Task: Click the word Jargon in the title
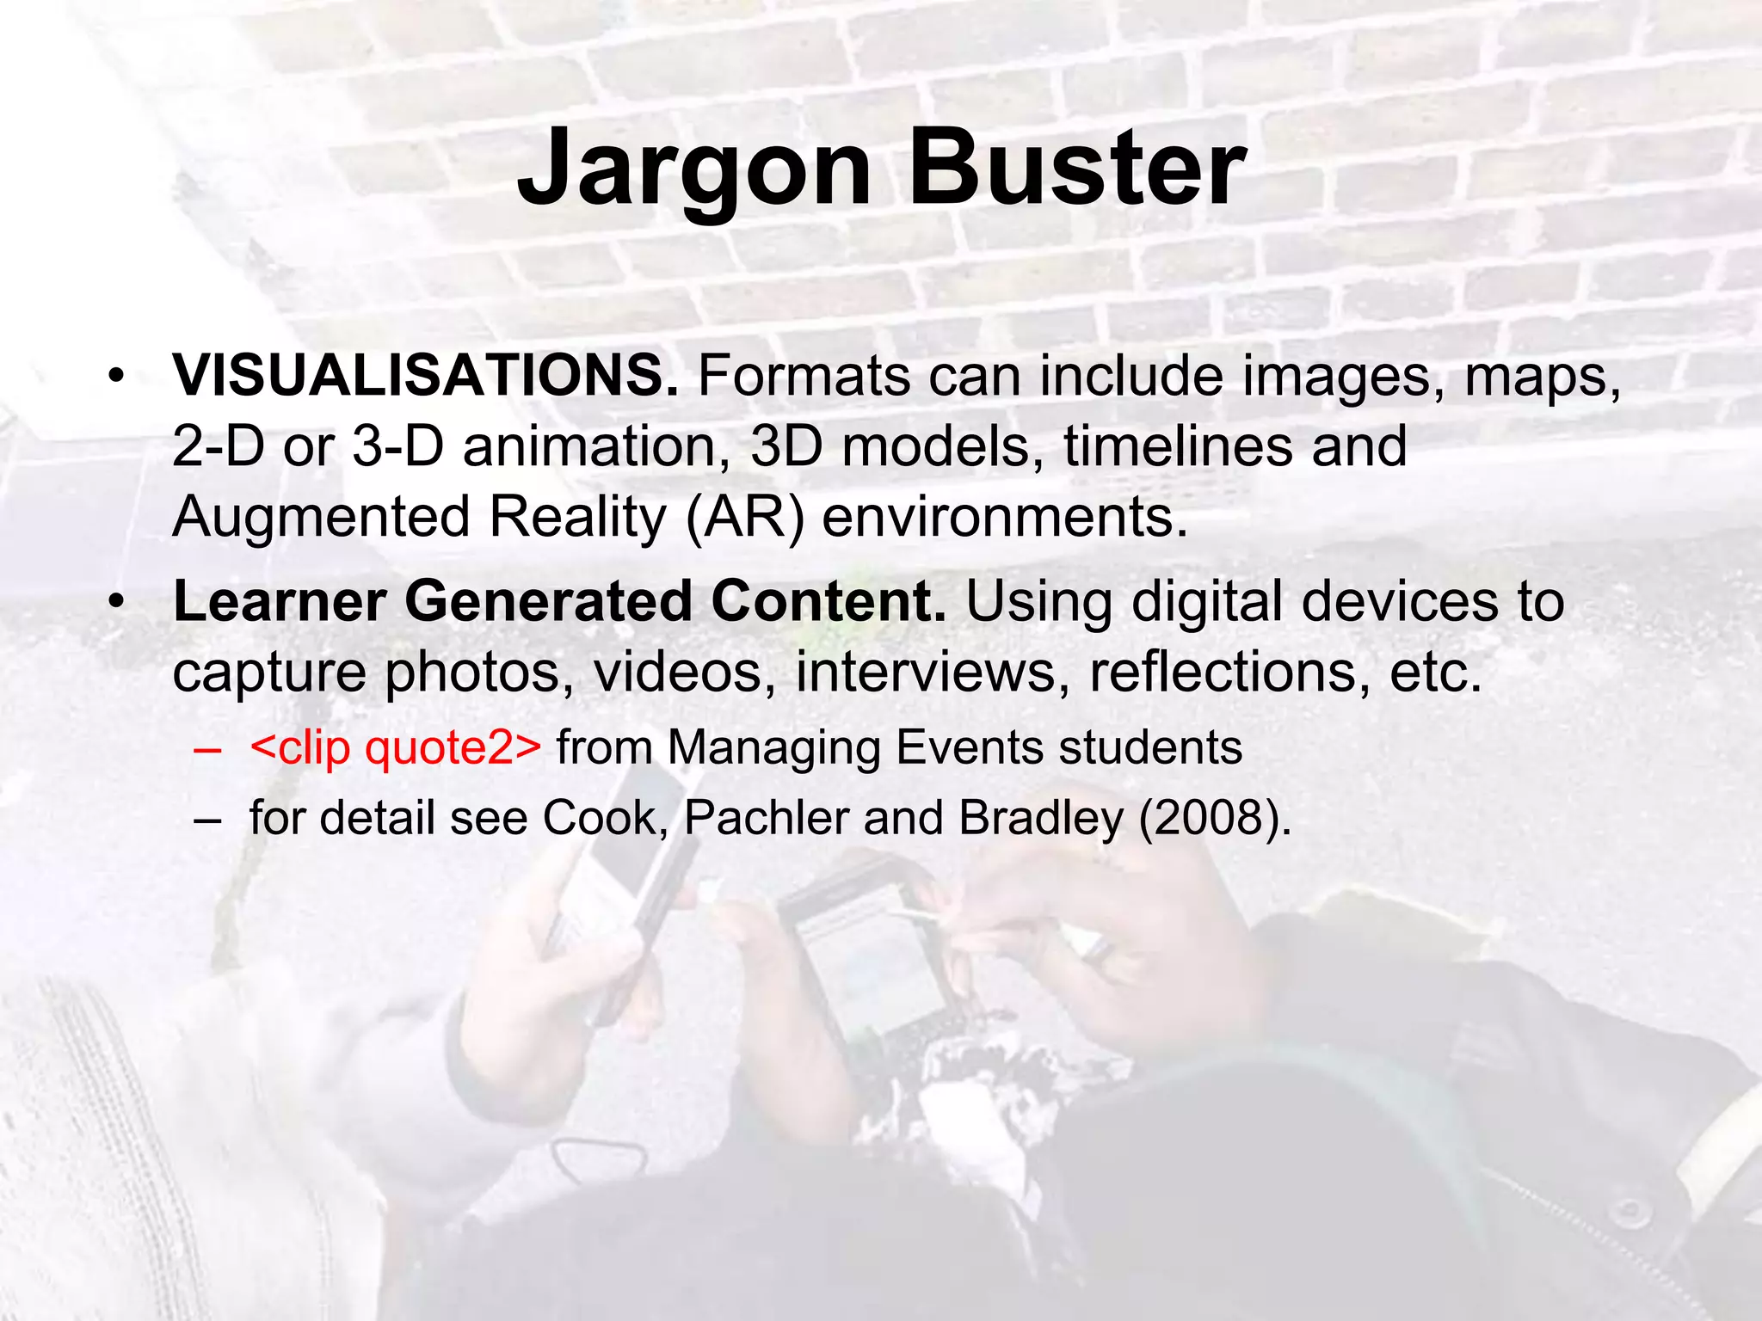pyautogui.click(x=693, y=169)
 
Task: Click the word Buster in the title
pyautogui.click(x=1076, y=169)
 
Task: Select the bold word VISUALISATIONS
pyautogui.click(x=425, y=376)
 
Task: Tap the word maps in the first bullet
pyautogui.click(x=1543, y=376)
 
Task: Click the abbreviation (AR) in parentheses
pyautogui.click(x=745, y=517)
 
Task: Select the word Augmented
pyautogui.click(x=321, y=517)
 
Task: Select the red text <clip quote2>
pyautogui.click(x=395, y=747)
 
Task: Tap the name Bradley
pyautogui.click(x=1040, y=817)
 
